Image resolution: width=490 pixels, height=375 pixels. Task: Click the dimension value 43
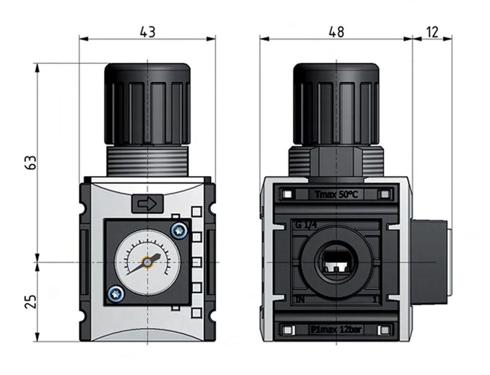(147, 32)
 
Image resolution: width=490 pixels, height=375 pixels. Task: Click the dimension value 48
(336, 32)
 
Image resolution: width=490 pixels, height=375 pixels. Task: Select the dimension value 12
(432, 32)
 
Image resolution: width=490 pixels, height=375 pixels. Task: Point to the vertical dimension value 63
(31, 162)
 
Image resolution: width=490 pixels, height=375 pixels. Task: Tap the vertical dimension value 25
(31, 301)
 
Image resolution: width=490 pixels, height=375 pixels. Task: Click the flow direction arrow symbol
(147, 204)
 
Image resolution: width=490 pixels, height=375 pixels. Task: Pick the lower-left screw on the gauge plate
(115, 293)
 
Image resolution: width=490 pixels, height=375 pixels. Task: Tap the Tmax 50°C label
(336, 194)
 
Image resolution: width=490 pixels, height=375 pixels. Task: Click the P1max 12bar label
(336, 330)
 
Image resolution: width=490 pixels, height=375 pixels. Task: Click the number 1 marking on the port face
(374, 300)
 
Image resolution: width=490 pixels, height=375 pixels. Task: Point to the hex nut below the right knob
(336, 162)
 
